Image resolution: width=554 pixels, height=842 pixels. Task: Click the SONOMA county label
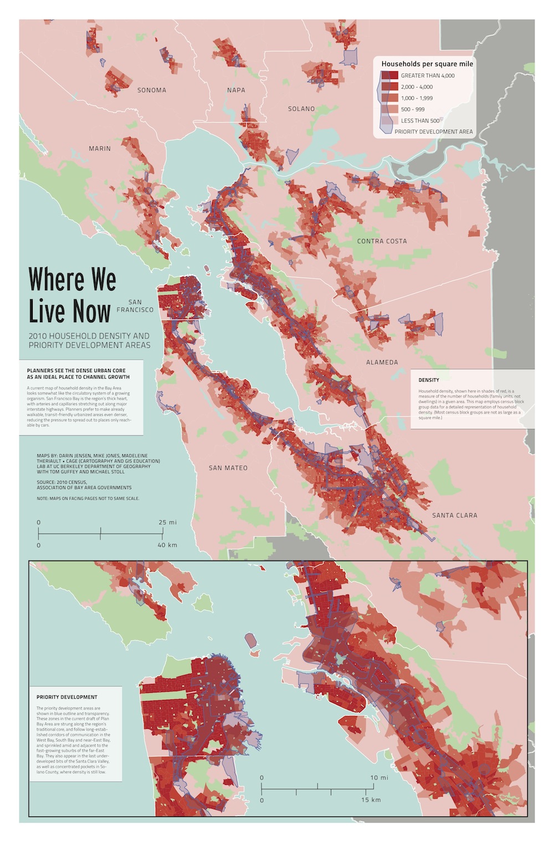tap(151, 90)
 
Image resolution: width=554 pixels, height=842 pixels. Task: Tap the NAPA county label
tap(236, 90)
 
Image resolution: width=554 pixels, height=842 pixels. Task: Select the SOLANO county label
tap(301, 109)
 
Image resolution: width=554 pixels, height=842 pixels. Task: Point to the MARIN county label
tap(100, 149)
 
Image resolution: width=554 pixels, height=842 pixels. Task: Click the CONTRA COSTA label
tap(382, 241)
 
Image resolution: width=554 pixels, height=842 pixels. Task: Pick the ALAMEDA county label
tap(382, 362)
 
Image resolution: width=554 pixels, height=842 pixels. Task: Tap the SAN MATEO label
tap(228, 468)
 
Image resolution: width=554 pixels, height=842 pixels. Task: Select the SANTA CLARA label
tap(454, 515)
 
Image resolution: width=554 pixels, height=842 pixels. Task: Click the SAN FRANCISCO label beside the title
tap(135, 306)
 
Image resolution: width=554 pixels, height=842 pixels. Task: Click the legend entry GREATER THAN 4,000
tap(427, 75)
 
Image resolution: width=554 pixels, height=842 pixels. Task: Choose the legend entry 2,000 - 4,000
tap(417, 87)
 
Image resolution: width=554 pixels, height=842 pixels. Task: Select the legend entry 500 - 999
tap(413, 109)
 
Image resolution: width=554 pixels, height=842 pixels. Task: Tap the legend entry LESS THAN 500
tap(420, 121)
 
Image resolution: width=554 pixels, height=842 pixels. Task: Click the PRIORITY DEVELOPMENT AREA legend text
tap(433, 132)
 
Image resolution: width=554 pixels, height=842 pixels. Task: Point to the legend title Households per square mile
tap(427, 64)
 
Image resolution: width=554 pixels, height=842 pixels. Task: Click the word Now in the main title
tap(90, 311)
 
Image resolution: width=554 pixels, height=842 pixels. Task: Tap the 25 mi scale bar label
tap(167, 523)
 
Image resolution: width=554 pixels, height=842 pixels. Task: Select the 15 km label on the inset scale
tap(371, 800)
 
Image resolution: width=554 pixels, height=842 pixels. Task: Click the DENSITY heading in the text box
tap(429, 380)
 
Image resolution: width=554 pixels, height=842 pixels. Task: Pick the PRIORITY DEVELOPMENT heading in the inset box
tap(66, 697)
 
